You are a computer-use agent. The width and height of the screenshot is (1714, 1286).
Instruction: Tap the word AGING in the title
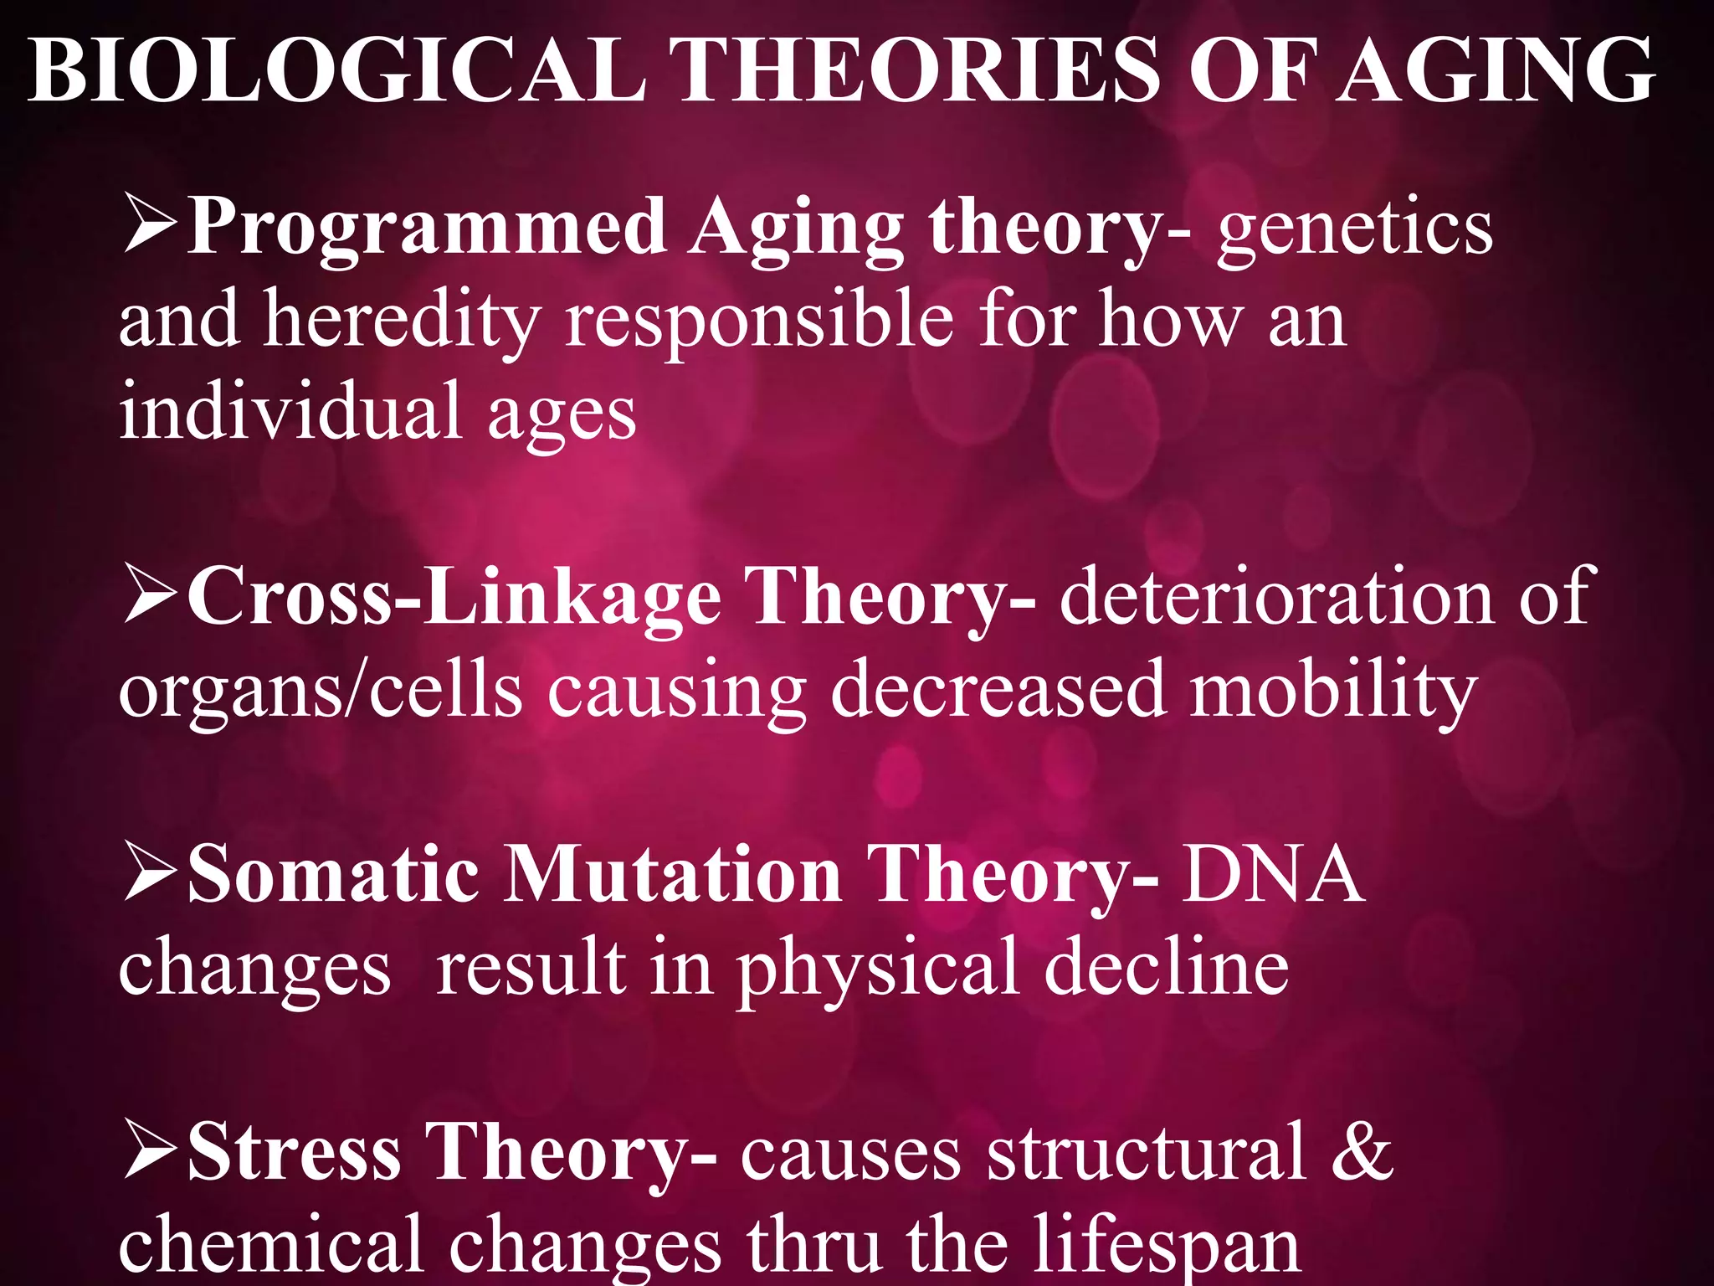coord(1494,70)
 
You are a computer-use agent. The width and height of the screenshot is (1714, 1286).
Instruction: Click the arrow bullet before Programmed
coord(150,224)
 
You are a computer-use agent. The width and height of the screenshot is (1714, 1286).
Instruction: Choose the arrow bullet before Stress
coord(150,1151)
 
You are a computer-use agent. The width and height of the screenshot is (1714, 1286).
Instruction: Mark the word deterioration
coord(1277,596)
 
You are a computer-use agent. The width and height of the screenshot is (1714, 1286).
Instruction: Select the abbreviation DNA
coord(1273,875)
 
